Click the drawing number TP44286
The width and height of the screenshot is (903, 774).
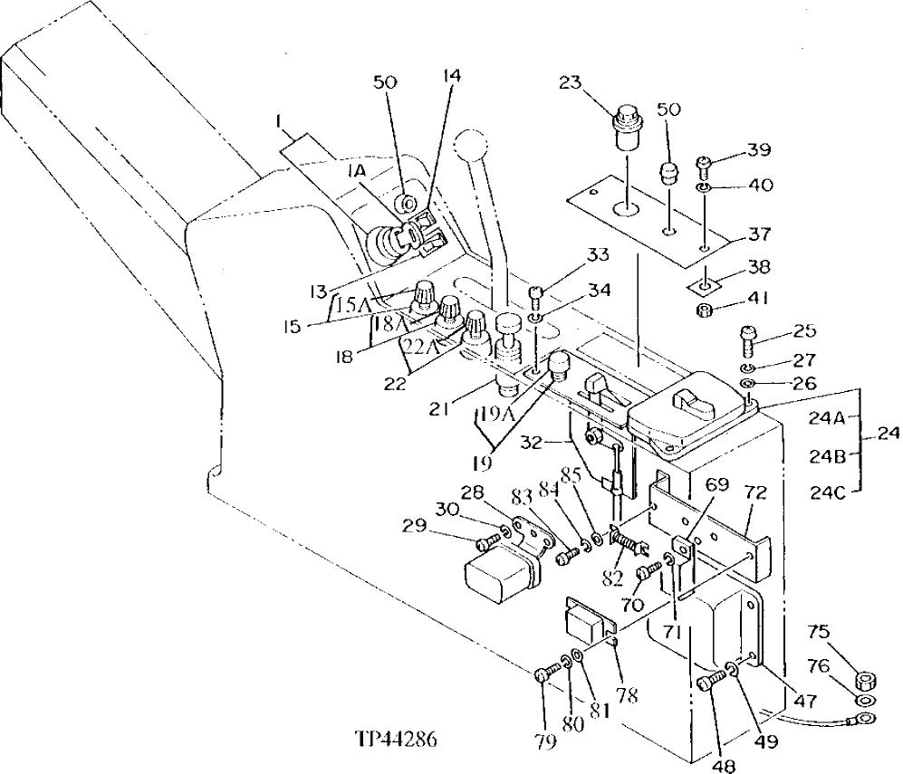tap(398, 740)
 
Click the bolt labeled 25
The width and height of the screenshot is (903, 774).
tap(749, 339)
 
